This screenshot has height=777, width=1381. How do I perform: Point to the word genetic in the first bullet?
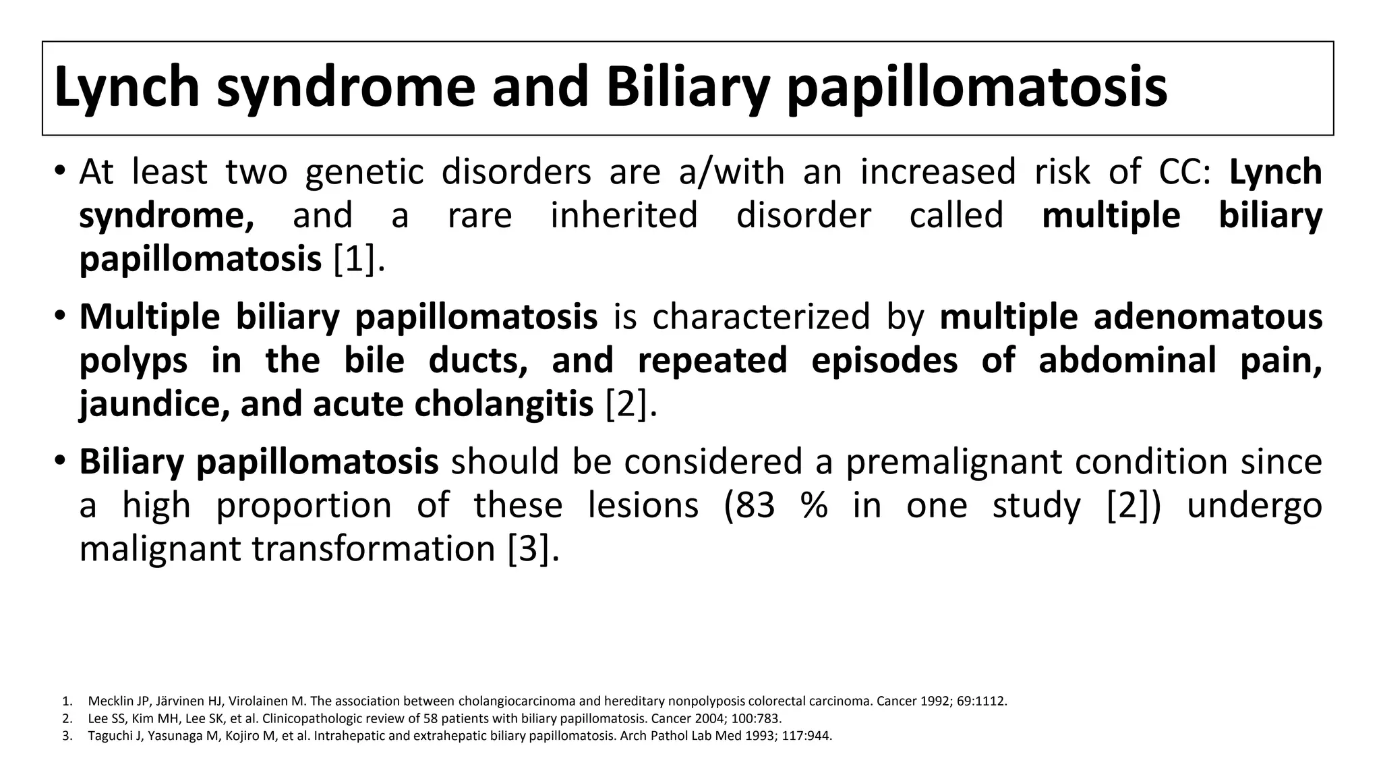pyautogui.click(x=364, y=171)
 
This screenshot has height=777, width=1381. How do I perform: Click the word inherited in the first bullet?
pyautogui.click(x=624, y=216)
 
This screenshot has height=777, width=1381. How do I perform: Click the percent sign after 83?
pyautogui.click(x=815, y=505)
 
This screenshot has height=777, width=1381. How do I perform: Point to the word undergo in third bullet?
pyautogui.click(x=1254, y=505)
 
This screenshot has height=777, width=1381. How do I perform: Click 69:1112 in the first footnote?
pyautogui.click(x=981, y=701)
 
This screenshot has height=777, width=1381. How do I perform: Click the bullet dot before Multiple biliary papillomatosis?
pyautogui.click(x=60, y=315)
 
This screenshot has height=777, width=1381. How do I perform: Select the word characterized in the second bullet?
pyautogui.click(x=761, y=316)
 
